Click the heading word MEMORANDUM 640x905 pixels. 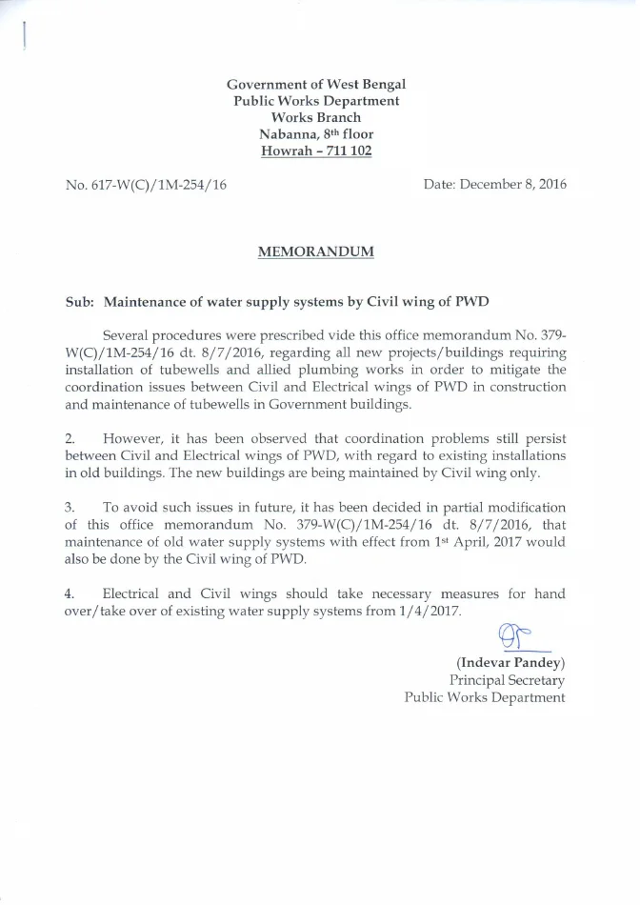coord(316,251)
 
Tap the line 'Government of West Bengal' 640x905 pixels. coord(316,84)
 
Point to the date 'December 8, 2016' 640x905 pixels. coord(513,184)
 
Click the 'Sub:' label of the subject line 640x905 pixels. coord(79,302)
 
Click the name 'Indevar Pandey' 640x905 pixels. coord(510,662)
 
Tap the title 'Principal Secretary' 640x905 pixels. coord(507,680)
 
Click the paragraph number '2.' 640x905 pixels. coord(70,438)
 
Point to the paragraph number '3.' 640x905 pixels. coord(70,507)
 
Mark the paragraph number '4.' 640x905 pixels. coord(70,593)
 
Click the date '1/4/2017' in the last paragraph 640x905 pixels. coord(427,611)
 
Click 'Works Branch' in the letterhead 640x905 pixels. coord(316,117)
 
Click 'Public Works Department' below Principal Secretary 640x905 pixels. coord(485,697)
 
